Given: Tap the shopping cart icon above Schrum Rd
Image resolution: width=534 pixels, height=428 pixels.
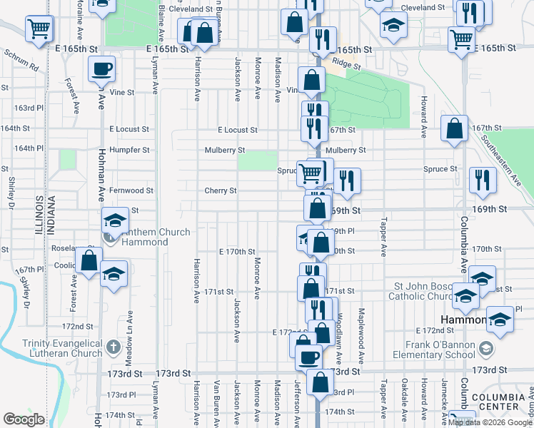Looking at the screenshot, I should (39, 29).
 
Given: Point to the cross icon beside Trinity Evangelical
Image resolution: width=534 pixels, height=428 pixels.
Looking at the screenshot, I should (113, 348).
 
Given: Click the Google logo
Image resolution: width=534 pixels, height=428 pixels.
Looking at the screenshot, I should (24, 419).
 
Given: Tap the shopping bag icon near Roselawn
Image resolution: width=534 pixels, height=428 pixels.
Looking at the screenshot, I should (89, 260).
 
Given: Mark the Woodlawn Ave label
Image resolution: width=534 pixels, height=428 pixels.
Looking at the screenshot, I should (341, 329).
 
